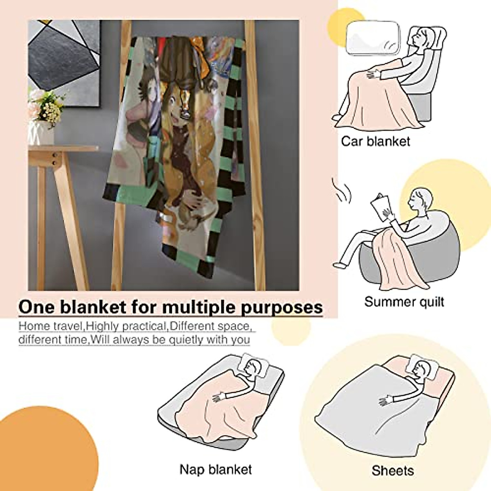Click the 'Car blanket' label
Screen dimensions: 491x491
point(375,142)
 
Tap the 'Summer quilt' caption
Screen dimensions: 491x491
point(404,302)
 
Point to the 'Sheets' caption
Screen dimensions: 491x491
point(392,471)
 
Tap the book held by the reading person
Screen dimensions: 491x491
point(379,205)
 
